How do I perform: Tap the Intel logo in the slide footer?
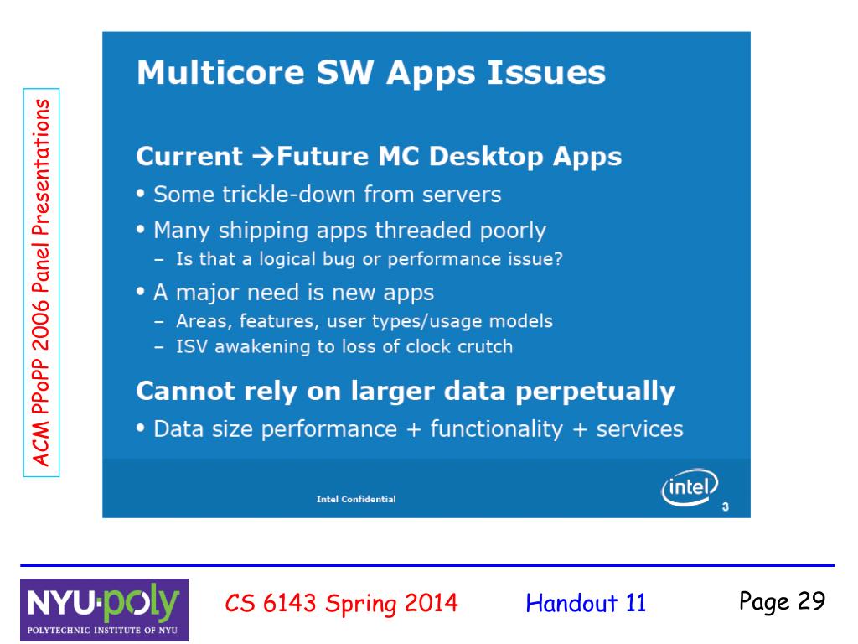pyautogui.click(x=690, y=487)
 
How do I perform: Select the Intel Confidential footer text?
pyautogui.click(x=356, y=499)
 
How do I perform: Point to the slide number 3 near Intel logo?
pyautogui.click(x=725, y=507)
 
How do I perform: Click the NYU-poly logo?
pyautogui.click(x=105, y=610)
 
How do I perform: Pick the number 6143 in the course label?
pyautogui.click(x=290, y=603)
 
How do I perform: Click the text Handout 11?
pyautogui.click(x=586, y=603)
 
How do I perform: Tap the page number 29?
pyautogui.click(x=811, y=600)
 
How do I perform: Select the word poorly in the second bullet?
pyautogui.click(x=513, y=231)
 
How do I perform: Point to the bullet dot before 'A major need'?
pyautogui.click(x=141, y=291)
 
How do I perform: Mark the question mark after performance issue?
pyautogui.click(x=558, y=258)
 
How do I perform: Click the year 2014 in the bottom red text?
pyautogui.click(x=432, y=603)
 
